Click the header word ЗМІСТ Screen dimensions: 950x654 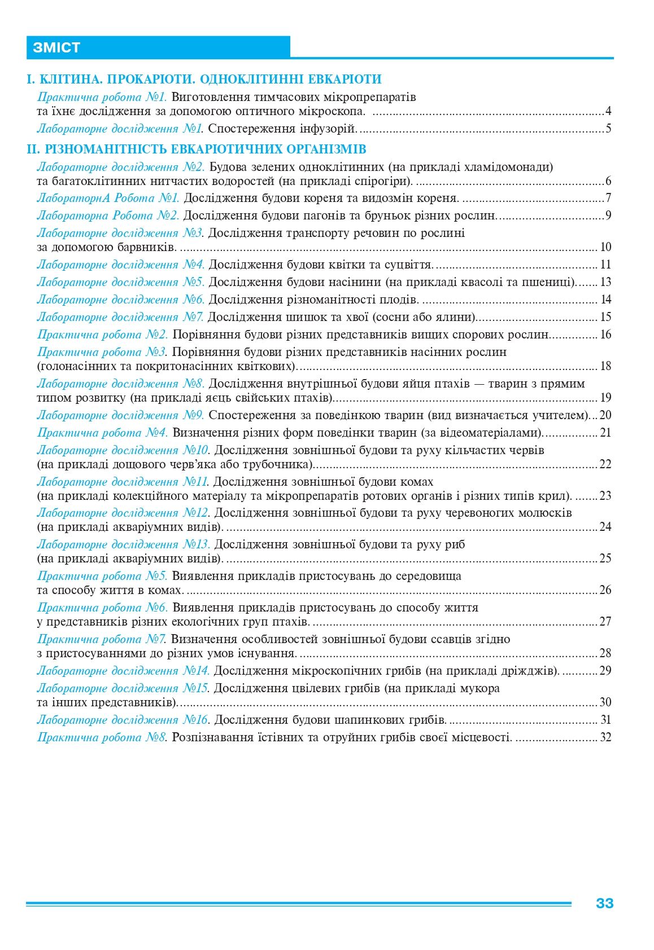(56, 47)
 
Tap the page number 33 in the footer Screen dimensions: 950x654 (604, 903)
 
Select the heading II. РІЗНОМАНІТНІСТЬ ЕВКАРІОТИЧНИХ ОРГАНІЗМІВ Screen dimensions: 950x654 (197, 149)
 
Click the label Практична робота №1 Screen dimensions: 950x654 (102, 97)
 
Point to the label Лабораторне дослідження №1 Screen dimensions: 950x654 (120, 129)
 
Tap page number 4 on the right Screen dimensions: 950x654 (608, 111)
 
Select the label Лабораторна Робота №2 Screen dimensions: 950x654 (108, 215)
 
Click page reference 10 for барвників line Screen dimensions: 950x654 (605, 247)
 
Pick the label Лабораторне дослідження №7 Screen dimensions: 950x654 (120, 317)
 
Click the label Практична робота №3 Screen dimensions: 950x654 (102, 352)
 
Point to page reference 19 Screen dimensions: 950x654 (605, 398)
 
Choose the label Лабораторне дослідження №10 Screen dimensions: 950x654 (123, 450)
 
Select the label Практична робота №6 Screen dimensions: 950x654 (102, 608)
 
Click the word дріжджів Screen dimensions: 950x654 (529, 671)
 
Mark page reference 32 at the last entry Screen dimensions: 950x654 (605, 737)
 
